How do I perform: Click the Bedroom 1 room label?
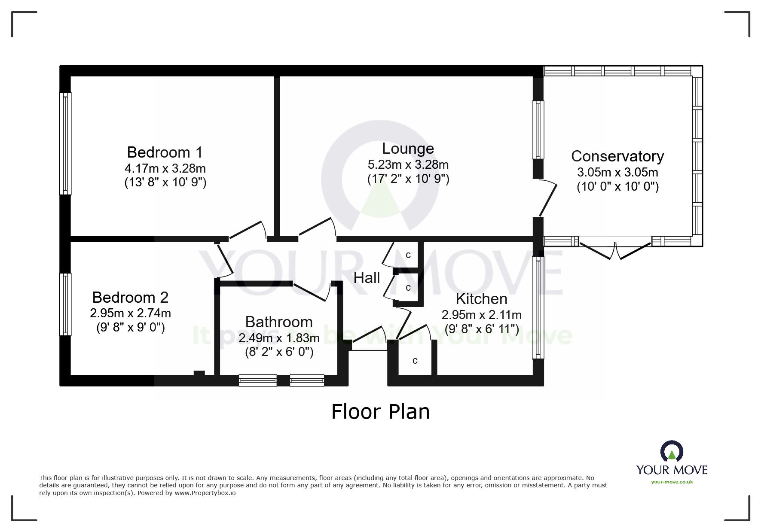coord(165,152)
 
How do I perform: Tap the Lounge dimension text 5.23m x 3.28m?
coord(408,164)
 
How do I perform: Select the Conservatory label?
coord(617,156)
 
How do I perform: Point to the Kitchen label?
coord(481,298)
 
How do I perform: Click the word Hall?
coord(367,278)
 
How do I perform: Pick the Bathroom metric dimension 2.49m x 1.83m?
coord(279,338)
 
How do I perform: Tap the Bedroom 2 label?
coord(130,297)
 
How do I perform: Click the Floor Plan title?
coord(380,412)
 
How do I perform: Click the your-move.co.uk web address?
coord(672,482)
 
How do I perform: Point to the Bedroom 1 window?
coord(65,143)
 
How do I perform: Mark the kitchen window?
coord(538,307)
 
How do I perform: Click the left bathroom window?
coord(258,380)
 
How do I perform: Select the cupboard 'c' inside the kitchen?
coord(415,361)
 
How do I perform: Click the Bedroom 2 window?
coord(65,304)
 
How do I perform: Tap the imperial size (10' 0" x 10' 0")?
coord(617,187)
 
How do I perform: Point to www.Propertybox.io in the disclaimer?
coord(205,493)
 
